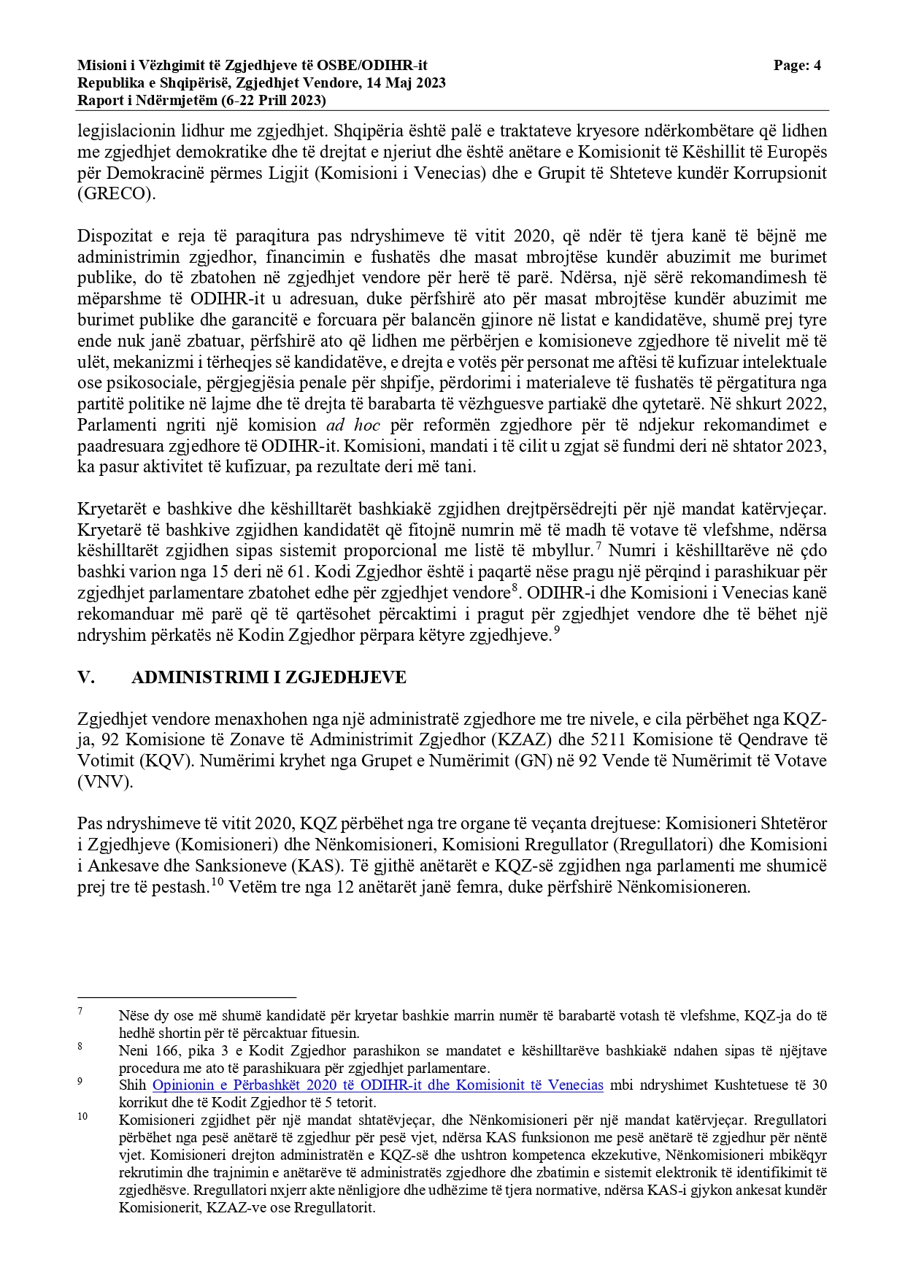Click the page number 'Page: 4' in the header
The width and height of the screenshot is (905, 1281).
797,66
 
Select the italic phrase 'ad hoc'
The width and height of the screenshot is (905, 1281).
353,425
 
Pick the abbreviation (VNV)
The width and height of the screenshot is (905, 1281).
105,782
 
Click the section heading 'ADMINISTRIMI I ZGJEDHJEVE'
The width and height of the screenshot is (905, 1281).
269,677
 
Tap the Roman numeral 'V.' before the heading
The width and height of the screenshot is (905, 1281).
86,677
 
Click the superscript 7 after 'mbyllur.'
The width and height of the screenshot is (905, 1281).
598,546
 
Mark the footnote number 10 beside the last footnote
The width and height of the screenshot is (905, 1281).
82,1117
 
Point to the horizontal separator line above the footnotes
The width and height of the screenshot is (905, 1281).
187,997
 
